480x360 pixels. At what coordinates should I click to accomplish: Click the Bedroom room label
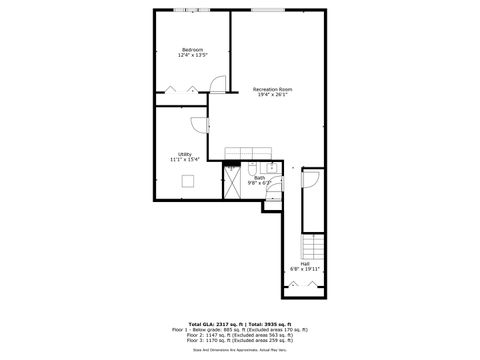coord(192,50)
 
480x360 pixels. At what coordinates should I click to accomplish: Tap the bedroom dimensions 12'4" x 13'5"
coord(192,56)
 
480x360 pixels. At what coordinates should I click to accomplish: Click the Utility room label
coord(185,153)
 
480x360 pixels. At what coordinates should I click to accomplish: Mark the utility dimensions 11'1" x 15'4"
coord(185,159)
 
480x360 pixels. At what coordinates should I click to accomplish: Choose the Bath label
coord(259,178)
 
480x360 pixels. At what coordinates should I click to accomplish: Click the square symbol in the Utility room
coord(186,181)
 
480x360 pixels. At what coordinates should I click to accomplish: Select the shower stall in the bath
coord(233,180)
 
